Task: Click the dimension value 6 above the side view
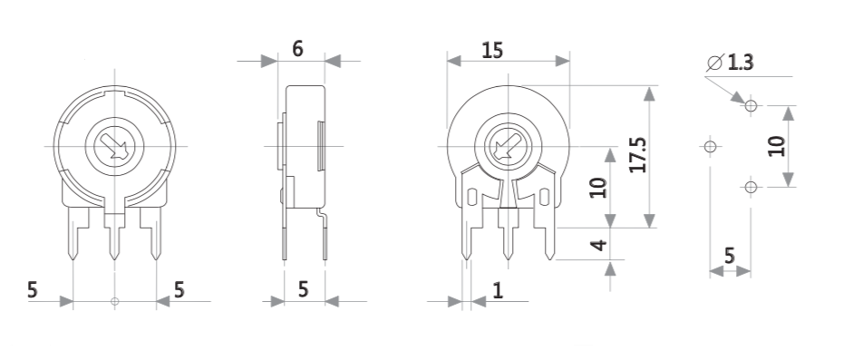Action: click(297, 49)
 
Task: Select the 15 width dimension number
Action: click(492, 51)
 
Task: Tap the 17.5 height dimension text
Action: click(637, 157)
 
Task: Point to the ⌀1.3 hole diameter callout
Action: click(731, 63)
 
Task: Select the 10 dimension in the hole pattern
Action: click(775, 146)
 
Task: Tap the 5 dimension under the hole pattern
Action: click(729, 256)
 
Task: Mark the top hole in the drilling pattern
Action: click(751, 106)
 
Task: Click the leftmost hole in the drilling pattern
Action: click(710, 146)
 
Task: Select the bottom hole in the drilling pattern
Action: click(751, 188)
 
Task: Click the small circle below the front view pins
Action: click(114, 301)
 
